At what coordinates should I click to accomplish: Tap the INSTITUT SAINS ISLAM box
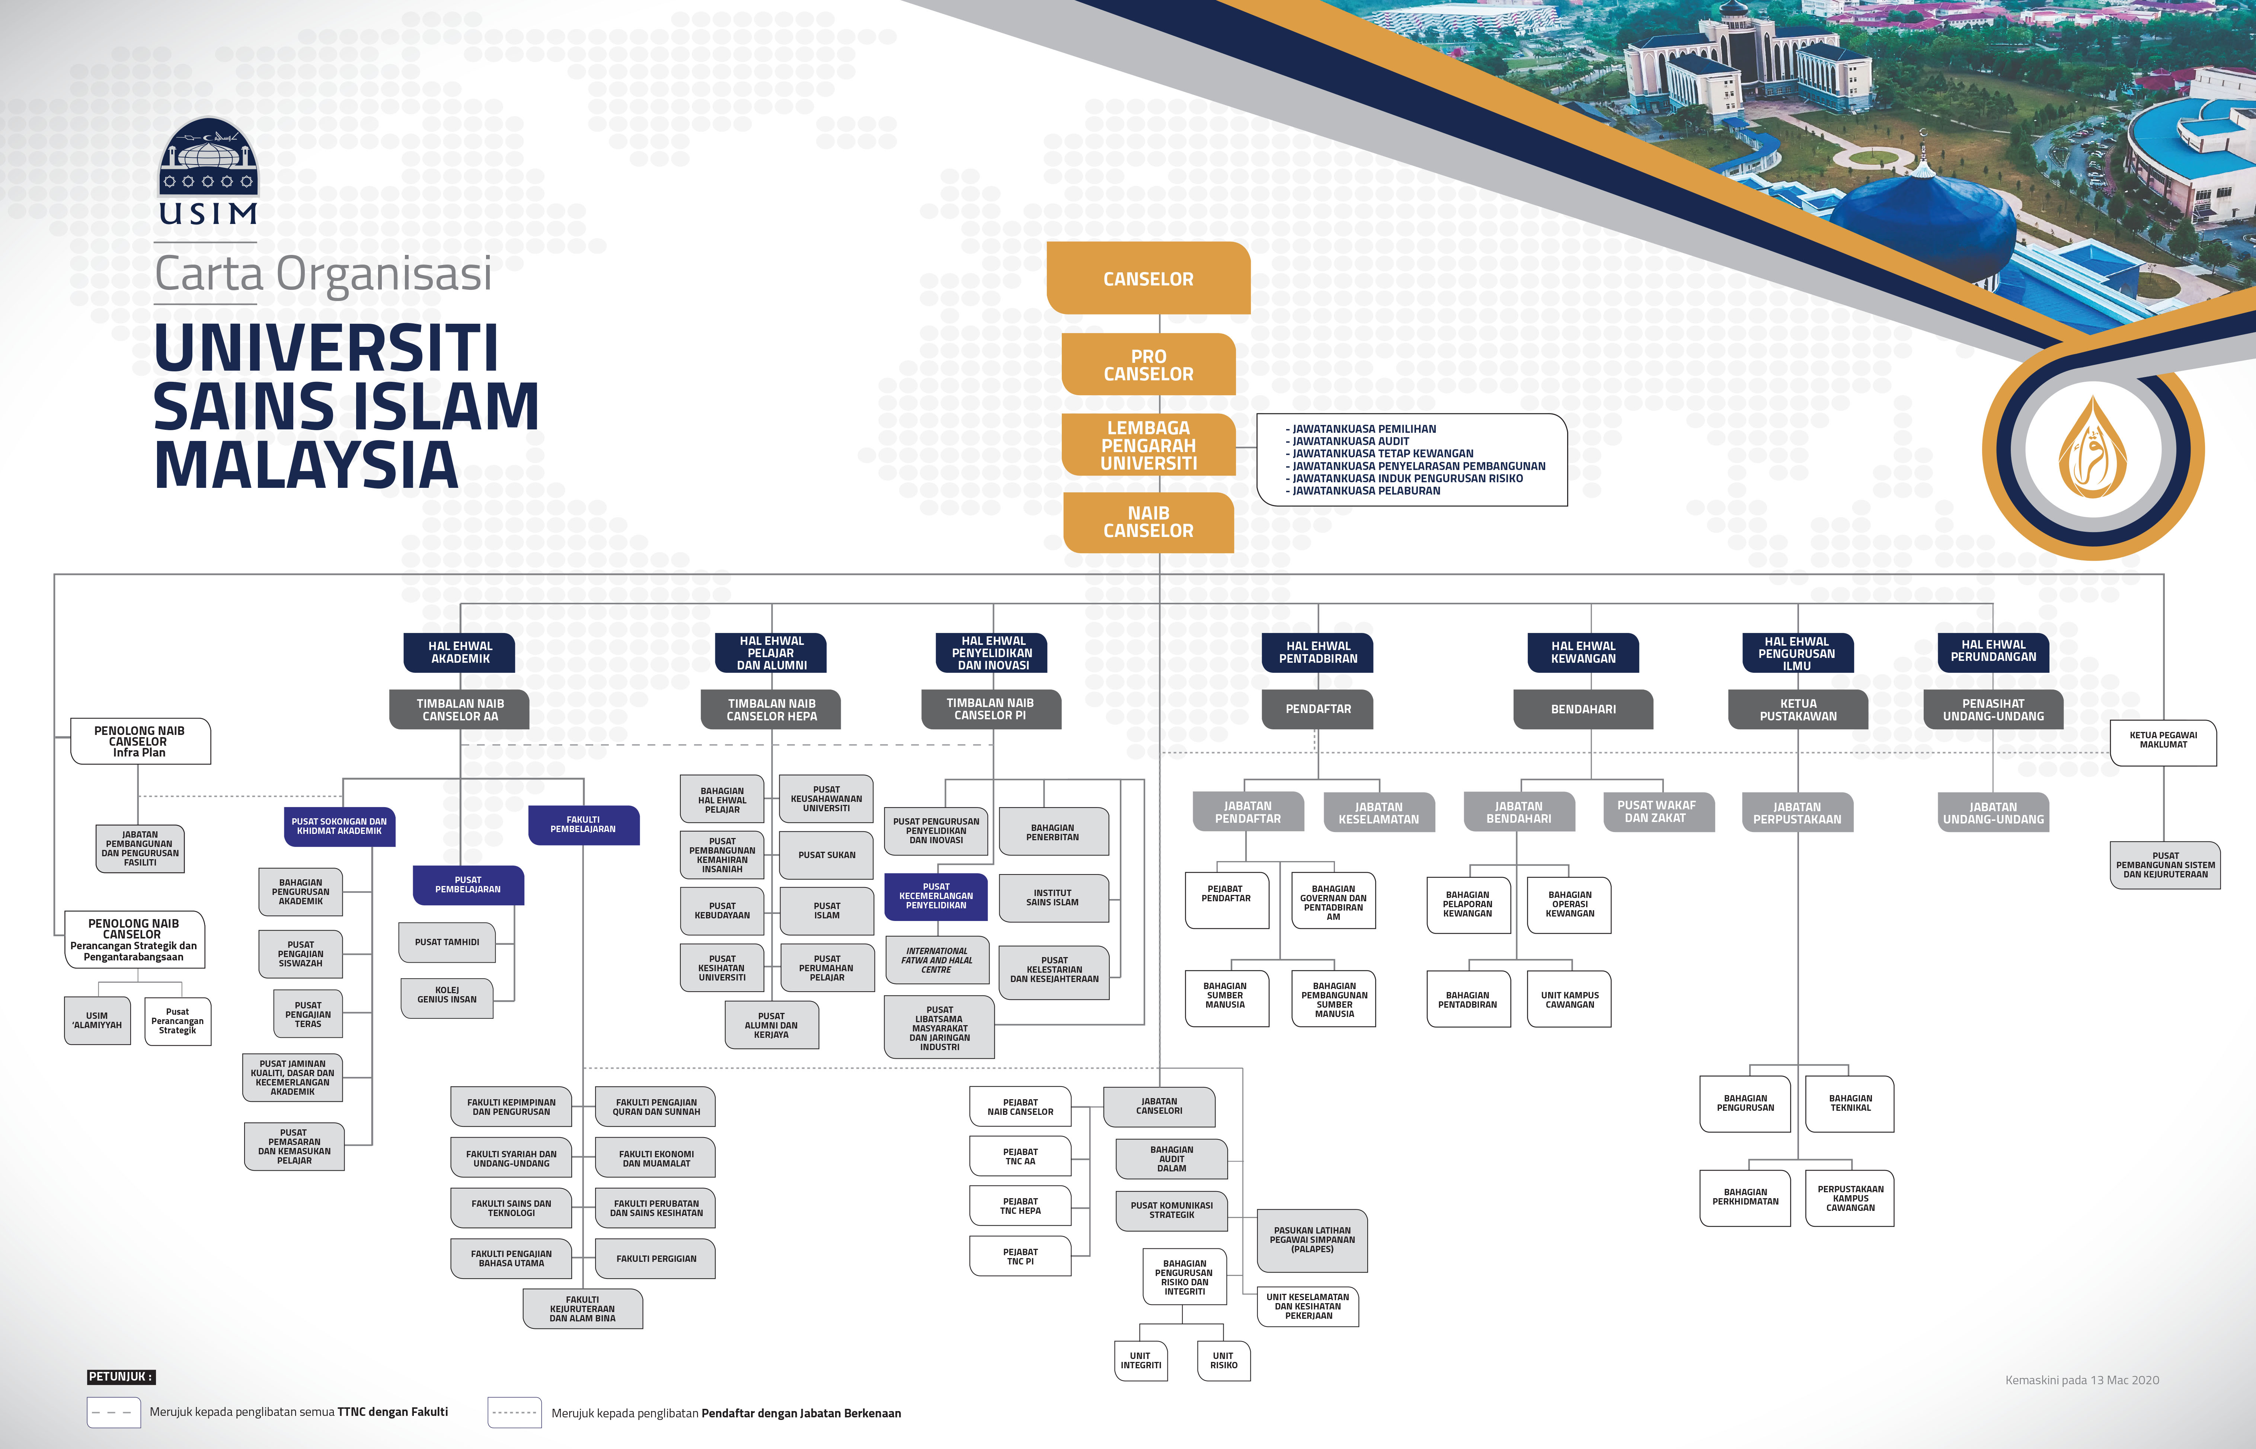[x=1053, y=898]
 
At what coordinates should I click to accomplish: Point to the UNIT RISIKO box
[x=1224, y=1360]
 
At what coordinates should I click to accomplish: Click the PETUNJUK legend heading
[x=121, y=1376]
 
